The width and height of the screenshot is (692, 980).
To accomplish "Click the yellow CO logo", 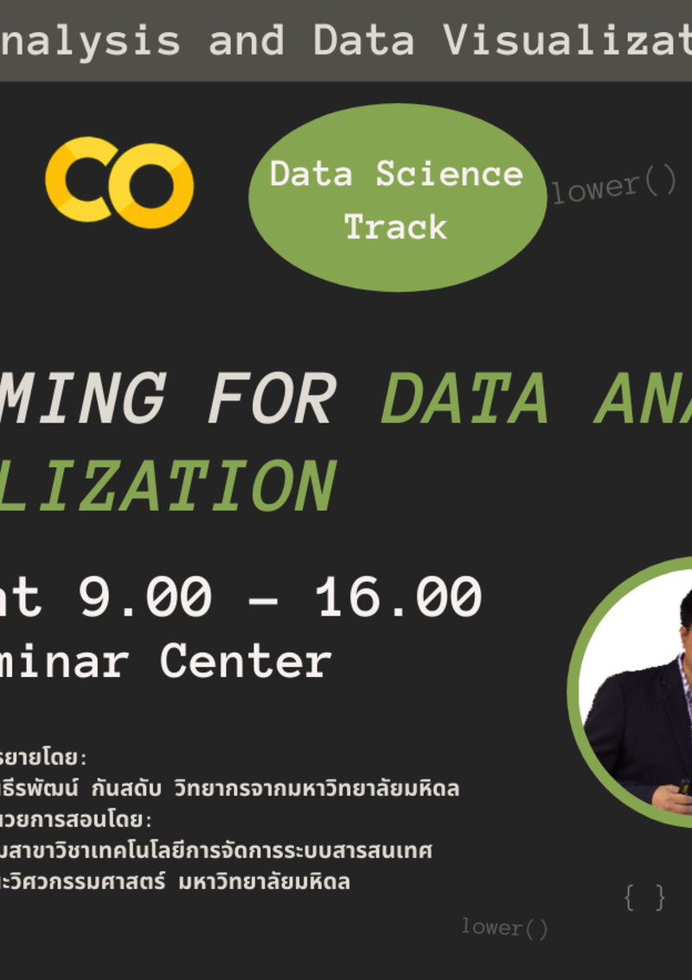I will [119, 182].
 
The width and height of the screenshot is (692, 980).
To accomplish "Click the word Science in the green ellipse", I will [449, 174].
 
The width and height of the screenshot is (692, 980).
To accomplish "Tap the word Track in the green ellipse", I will [396, 227].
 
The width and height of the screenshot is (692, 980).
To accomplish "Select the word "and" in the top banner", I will [247, 41].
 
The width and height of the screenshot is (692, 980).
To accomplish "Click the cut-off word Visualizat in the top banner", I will [567, 41].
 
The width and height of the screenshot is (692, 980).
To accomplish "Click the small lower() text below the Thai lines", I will [504, 928].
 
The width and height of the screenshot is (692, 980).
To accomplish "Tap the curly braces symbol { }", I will [645, 897].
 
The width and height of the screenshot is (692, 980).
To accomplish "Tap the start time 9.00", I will [144, 596].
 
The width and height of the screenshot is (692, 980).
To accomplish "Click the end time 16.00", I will [397, 596].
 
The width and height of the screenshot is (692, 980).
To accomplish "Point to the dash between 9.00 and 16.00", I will [264, 598].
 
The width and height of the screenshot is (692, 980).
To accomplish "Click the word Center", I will [245, 661].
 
